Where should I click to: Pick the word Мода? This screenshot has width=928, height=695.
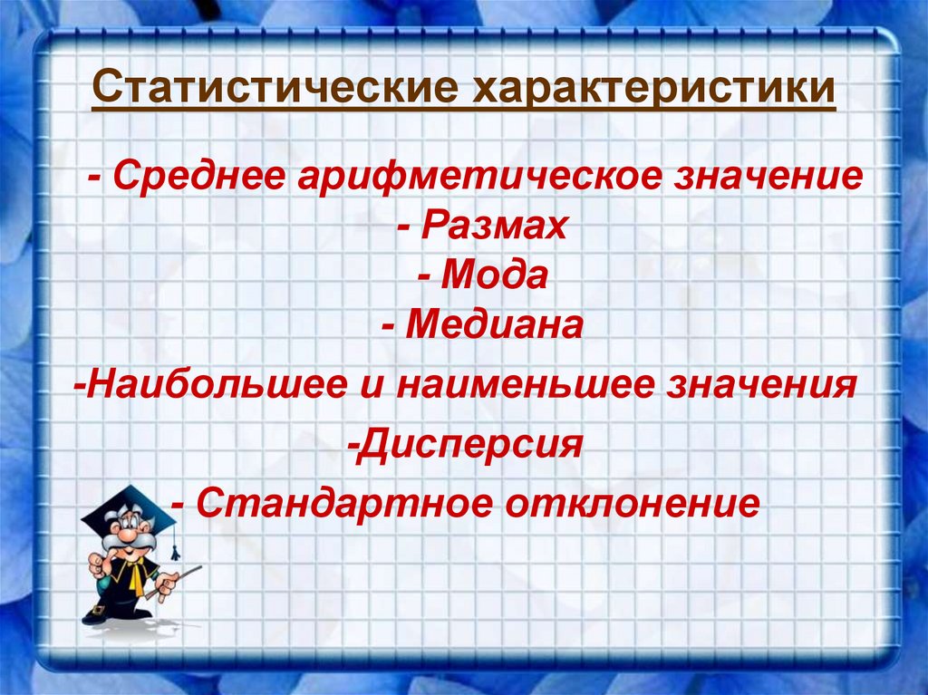(494, 275)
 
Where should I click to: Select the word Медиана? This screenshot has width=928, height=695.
(494, 325)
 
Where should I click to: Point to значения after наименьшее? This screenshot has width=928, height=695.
(762, 385)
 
